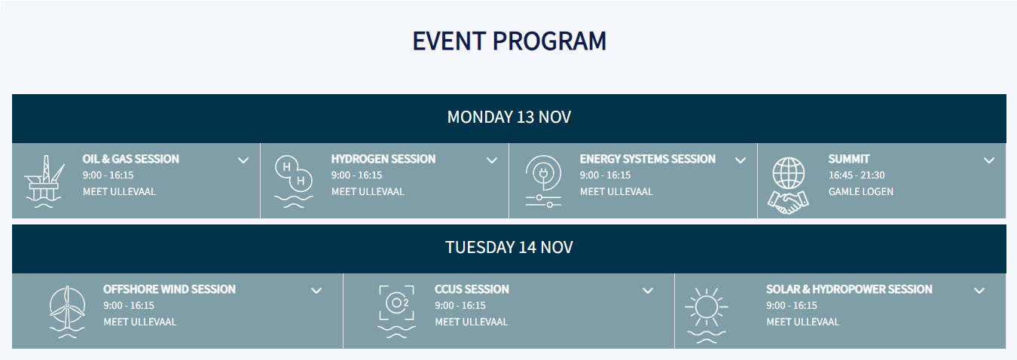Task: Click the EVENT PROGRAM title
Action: point(509,41)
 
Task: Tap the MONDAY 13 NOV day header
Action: point(509,117)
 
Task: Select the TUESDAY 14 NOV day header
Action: point(509,248)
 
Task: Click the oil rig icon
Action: point(44,182)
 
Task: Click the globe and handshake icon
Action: point(788,186)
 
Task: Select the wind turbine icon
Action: point(67,312)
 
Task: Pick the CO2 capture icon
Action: point(396,312)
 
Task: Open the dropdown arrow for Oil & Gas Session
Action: point(243,160)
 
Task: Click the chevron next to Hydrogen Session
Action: point(492,160)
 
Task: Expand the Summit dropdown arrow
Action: point(989,160)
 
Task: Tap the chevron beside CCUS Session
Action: point(648,291)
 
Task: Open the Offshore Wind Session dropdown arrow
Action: point(316,291)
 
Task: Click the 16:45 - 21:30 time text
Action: point(857,175)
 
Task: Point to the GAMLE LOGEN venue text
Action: point(860,191)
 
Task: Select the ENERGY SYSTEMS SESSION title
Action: point(647,159)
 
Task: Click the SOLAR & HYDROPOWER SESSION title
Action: point(849,289)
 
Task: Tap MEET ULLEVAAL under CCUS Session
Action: point(472,322)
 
